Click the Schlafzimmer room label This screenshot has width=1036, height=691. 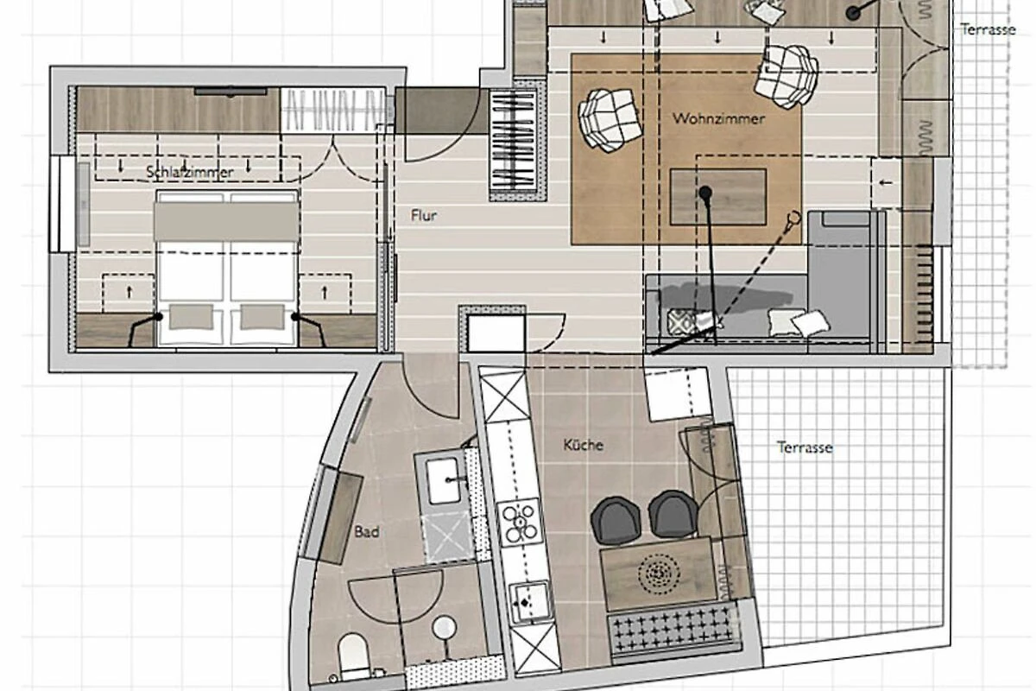point(190,172)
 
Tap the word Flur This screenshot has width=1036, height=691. point(424,215)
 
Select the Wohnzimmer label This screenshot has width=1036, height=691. point(718,118)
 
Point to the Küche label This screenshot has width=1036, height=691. point(584,445)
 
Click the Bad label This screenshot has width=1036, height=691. point(367,532)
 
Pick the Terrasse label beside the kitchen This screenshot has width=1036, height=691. point(805,447)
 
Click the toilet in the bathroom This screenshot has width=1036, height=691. point(354,656)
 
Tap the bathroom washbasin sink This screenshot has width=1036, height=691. point(443,480)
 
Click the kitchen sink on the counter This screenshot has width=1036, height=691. point(528,603)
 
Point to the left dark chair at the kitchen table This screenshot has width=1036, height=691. point(615,520)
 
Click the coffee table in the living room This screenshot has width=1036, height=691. point(717,197)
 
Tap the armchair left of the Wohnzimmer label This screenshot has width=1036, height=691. point(610,119)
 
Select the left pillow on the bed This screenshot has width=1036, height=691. point(191,317)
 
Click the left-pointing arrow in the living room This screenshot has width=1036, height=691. point(885,183)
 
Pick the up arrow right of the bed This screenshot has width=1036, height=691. point(325,292)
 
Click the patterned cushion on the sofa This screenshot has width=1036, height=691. point(682,320)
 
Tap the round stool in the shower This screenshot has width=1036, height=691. point(445,628)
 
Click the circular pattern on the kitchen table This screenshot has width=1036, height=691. point(659,575)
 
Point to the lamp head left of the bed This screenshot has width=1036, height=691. point(158,317)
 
